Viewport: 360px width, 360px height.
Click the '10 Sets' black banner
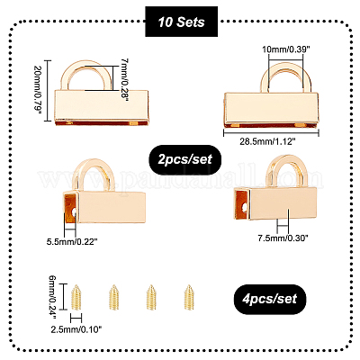pos(182,22)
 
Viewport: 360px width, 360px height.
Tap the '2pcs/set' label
pos(185,159)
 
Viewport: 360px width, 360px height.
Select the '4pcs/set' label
pos(270,299)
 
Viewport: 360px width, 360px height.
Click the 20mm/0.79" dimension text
pos(38,91)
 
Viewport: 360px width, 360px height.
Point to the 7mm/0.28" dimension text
pos(124,79)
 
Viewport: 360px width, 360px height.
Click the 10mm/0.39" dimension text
pos(286,49)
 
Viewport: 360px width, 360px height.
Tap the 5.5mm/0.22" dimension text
pos(72,241)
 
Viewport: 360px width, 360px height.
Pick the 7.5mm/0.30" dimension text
pos(283,238)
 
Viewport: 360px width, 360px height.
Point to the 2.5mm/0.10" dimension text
pos(76,329)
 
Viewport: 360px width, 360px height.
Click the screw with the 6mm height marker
pos(76,297)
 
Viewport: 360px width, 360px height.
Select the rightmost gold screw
pos(189,297)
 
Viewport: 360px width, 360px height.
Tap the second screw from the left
pos(113,297)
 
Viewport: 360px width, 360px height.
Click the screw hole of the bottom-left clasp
pos(74,212)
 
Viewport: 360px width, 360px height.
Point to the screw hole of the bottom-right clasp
pos(246,207)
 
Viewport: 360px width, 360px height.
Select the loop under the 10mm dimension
pos(264,78)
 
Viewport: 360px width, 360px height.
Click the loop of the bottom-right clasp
pos(270,171)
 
